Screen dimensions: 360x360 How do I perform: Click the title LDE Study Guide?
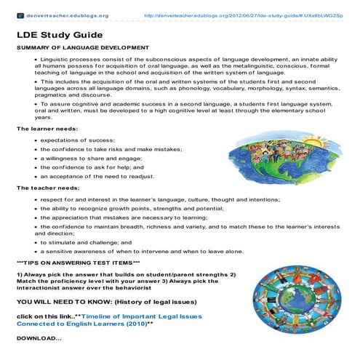59,34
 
